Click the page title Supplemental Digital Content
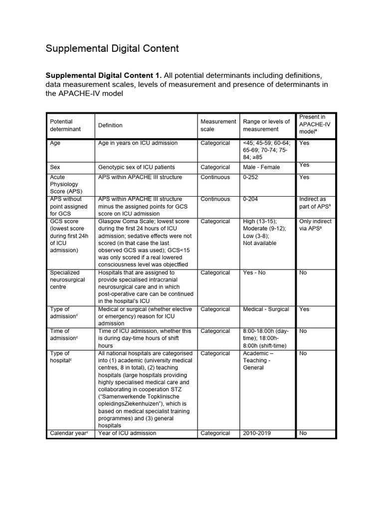tap(112, 48)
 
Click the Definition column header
tap(110, 125)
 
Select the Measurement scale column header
tap(218, 125)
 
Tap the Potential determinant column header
tap(61, 125)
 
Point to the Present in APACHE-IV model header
tap(315, 124)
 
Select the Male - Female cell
tap(261, 167)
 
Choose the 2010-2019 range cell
tap(257, 433)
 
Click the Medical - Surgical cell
tap(266, 309)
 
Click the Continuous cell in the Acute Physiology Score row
tap(215, 177)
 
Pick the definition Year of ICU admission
tap(127, 433)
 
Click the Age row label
tap(55, 143)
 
